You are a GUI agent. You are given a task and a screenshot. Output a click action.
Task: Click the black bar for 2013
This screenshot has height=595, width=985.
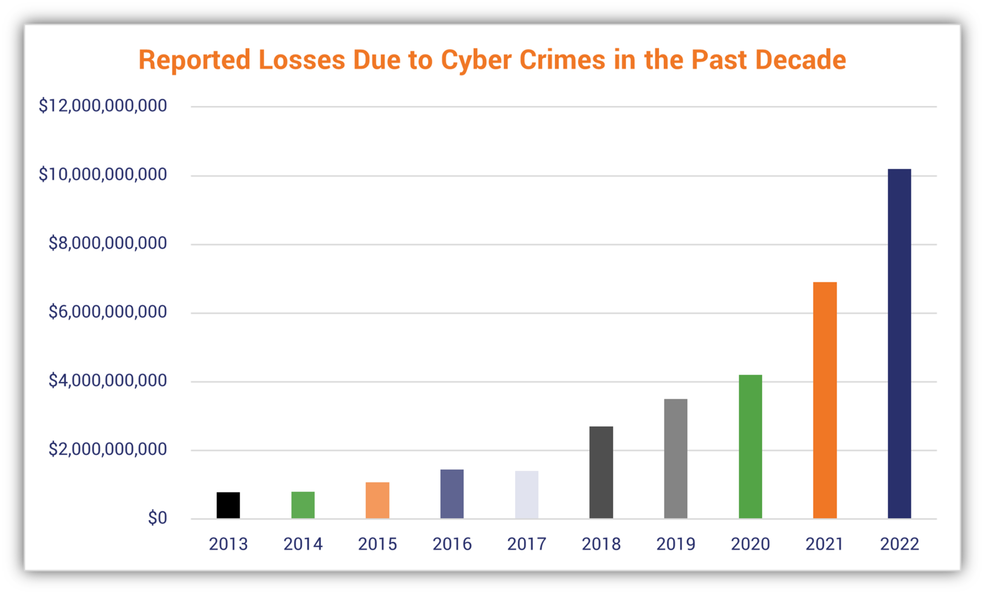(228, 505)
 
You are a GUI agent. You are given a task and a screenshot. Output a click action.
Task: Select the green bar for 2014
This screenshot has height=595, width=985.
(303, 505)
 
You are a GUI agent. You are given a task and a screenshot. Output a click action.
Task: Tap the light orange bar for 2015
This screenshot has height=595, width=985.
(378, 500)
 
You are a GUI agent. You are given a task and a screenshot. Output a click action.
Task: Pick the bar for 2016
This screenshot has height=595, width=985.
(452, 494)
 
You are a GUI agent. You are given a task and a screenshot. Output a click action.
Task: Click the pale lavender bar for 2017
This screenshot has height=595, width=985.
(527, 494)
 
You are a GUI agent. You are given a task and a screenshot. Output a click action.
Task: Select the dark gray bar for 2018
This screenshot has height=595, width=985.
(601, 472)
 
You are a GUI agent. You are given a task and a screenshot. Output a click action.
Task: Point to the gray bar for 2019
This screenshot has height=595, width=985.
(676, 458)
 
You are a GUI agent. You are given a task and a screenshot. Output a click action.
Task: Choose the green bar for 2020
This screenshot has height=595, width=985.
(750, 446)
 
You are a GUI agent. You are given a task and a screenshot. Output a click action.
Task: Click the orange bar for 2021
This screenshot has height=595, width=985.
(825, 400)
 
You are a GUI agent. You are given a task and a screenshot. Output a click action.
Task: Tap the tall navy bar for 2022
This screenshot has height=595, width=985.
(899, 343)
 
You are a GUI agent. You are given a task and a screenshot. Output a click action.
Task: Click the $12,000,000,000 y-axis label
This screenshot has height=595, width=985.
(103, 105)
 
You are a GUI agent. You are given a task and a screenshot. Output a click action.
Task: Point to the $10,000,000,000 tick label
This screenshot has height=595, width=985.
(103, 174)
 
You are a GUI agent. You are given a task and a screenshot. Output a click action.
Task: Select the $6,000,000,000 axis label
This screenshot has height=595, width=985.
(108, 312)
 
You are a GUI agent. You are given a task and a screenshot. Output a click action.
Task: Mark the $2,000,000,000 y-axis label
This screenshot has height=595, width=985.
(108, 449)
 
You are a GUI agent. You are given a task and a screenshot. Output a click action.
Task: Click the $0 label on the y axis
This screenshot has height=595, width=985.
(157, 518)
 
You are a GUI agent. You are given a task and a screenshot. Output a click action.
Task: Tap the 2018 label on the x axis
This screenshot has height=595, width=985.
(601, 544)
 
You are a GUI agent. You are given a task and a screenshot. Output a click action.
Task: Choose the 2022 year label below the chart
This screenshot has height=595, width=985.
(899, 544)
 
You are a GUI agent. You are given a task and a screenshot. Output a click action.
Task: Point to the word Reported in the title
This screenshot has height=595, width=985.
(194, 60)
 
